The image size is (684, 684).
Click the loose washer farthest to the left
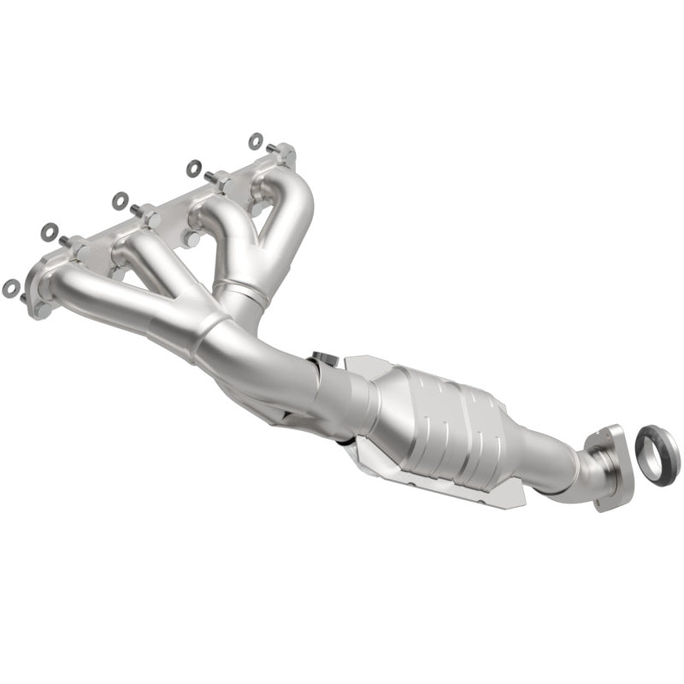[x=10, y=288]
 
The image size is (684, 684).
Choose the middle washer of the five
[x=120, y=201]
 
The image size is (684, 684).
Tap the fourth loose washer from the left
[x=194, y=168]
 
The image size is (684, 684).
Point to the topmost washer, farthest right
[x=256, y=139]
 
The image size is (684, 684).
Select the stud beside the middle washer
[x=137, y=209]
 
